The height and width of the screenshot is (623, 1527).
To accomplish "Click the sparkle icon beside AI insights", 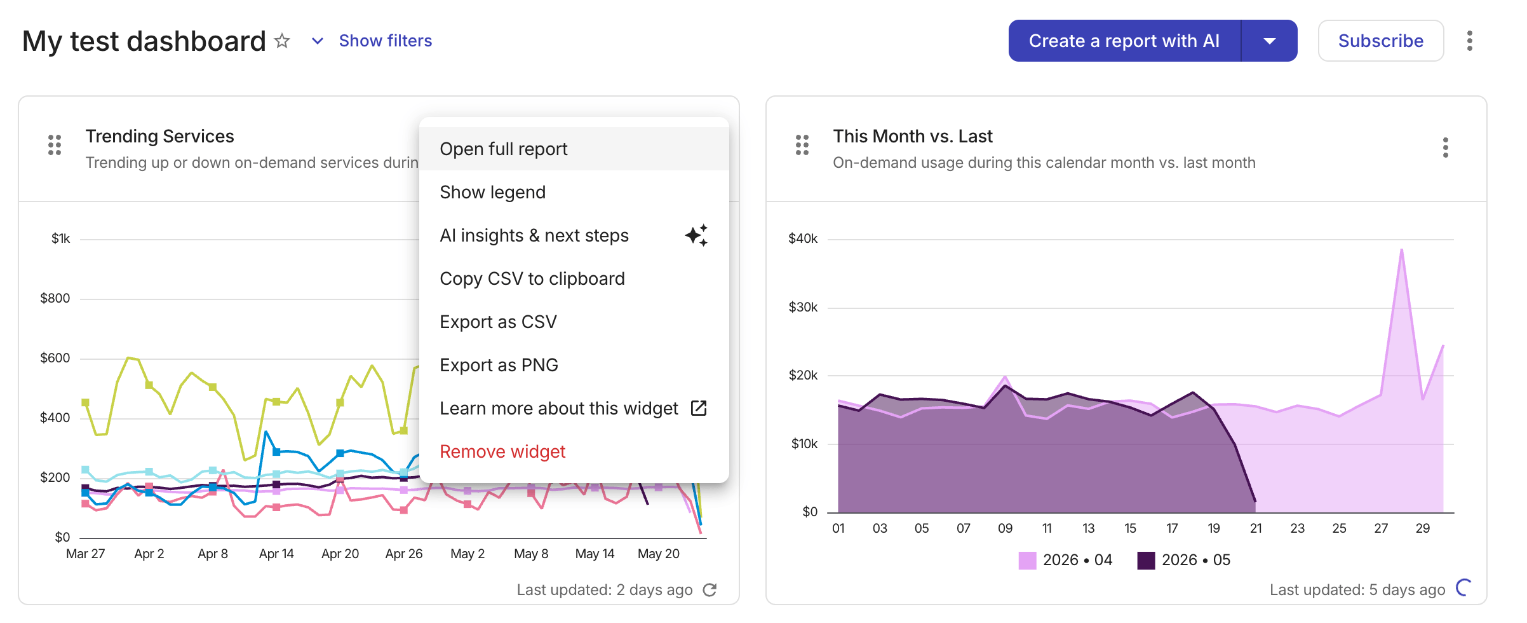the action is [x=697, y=235].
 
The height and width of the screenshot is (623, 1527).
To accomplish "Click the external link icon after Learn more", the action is [x=699, y=408].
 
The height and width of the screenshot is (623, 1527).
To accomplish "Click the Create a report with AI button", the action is [x=1124, y=41].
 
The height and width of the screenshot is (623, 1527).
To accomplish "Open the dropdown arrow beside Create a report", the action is [x=1270, y=41].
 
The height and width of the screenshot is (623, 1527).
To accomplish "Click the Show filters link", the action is [x=386, y=41].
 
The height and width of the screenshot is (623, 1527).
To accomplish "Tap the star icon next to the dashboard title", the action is [x=282, y=41].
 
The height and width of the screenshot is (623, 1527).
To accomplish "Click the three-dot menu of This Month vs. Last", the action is [x=1446, y=147].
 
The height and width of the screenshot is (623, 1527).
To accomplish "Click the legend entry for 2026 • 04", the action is [x=1065, y=560].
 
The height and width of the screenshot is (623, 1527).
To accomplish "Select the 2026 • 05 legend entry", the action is [x=1184, y=560].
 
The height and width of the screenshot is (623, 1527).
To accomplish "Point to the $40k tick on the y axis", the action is [x=803, y=238].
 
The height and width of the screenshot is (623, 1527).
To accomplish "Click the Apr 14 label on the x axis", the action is [x=276, y=554].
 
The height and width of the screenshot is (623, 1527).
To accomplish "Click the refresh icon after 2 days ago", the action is [x=710, y=590].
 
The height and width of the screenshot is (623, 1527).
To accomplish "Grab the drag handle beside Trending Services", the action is [x=55, y=145].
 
